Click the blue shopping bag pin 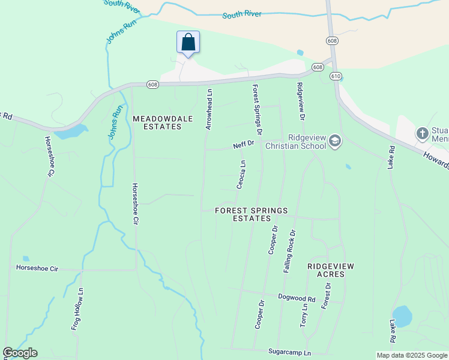click(188, 43)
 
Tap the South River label click(242, 14)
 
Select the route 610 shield click(336, 76)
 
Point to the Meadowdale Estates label click(157, 122)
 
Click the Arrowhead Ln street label click(209, 110)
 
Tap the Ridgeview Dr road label click(301, 101)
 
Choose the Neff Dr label click(244, 145)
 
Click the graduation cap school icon click(334, 142)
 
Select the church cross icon click(423, 133)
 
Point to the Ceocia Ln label click(241, 175)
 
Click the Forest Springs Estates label click(252, 214)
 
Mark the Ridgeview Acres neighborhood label click(330, 270)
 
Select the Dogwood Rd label click(297, 298)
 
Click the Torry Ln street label click(304, 314)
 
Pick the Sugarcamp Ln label click(290, 353)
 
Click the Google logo click(20, 353)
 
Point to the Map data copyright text click(411, 355)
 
